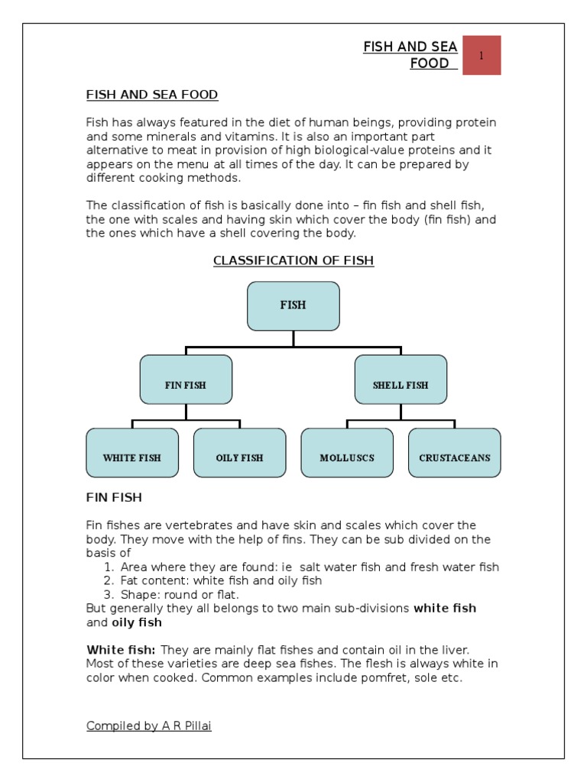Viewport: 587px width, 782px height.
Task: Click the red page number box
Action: point(481,56)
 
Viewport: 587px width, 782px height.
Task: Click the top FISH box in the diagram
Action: point(293,305)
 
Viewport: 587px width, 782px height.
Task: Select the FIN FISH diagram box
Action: point(186,380)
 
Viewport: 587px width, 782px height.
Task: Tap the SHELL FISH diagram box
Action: point(401,380)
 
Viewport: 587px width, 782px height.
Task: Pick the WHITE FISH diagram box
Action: point(132,453)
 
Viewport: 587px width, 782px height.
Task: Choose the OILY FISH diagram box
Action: point(239,453)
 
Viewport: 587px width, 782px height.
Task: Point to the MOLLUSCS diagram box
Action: point(347,453)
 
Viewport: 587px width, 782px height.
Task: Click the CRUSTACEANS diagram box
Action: point(455,453)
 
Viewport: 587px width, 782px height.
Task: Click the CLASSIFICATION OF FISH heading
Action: point(293,260)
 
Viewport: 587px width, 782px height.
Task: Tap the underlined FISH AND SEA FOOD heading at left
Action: point(152,95)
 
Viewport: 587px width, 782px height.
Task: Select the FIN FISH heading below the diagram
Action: point(114,498)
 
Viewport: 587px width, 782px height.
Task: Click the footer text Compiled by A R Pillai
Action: point(149,725)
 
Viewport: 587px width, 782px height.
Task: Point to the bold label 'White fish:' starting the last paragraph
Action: point(121,650)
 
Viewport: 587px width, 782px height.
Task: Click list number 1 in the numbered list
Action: point(107,567)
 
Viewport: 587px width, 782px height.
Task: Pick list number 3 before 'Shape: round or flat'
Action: point(107,594)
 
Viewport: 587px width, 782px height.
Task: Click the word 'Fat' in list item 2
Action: point(130,580)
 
